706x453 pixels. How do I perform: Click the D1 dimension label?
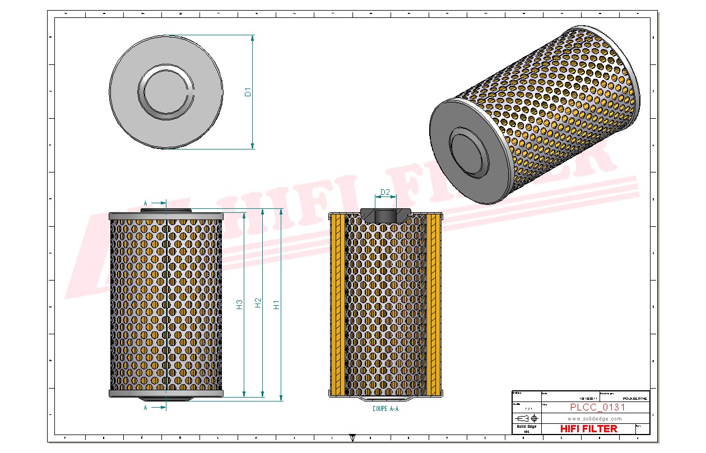248,92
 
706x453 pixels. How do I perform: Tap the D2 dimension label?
385,193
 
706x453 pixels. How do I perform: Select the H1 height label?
276,305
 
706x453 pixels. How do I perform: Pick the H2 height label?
258,303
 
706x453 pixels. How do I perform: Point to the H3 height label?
239,305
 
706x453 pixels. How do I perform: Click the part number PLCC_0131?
597,407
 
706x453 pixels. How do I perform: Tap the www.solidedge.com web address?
595,418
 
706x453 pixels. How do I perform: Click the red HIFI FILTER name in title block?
589,428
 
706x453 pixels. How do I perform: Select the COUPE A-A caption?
385,409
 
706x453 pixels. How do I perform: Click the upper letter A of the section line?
146,202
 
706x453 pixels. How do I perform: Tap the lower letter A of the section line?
146,408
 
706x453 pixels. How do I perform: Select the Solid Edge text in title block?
526,427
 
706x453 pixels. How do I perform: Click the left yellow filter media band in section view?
337,305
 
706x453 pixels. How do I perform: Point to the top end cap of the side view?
166,216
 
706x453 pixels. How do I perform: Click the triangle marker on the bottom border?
352,437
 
